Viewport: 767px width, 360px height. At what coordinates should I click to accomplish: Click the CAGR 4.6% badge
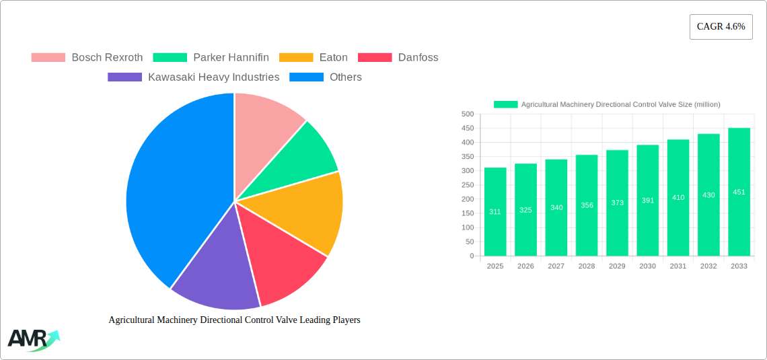tap(721, 27)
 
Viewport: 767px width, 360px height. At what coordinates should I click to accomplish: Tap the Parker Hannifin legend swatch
tap(170, 57)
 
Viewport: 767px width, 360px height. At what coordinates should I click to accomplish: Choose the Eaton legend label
tap(333, 57)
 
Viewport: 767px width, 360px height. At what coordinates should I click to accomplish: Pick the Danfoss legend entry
tap(418, 57)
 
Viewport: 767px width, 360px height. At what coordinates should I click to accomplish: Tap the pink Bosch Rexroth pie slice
tap(266, 121)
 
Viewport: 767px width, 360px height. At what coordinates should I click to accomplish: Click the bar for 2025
tap(495, 211)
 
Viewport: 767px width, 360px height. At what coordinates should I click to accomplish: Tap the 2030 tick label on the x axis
tap(647, 266)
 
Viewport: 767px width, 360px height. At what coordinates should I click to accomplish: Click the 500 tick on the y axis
tap(467, 114)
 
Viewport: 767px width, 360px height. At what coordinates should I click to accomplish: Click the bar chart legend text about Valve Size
tap(620, 104)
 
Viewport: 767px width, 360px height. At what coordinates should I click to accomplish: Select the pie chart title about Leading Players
tap(234, 320)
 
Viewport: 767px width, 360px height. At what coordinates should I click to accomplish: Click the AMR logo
tap(32, 340)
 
